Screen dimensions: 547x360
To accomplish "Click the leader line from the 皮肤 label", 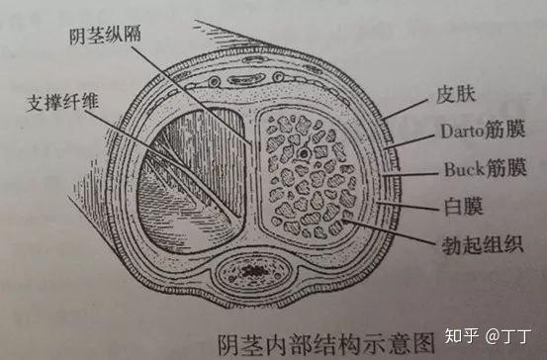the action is click(406, 110).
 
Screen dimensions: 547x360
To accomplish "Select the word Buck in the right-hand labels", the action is click(454, 171).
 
